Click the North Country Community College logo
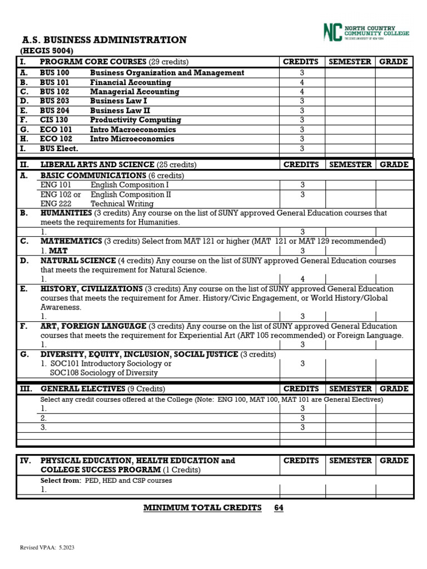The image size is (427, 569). [366, 32]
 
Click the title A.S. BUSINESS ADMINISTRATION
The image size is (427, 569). [104, 40]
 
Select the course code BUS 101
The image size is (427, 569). [54, 82]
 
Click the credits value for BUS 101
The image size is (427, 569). [302, 82]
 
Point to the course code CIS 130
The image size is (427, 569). [54, 120]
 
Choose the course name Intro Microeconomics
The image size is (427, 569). [132, 139]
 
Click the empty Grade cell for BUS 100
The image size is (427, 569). [394, 73]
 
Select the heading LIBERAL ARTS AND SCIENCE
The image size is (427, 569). [97, 164]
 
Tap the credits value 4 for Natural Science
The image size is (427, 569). [302, 279]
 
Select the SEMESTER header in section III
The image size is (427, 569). [350, 389]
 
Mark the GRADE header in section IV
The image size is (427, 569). [394, 461]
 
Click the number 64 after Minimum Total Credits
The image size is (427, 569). [279, 508]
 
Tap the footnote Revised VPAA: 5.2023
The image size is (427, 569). [47, 548]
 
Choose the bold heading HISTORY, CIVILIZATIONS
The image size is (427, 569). [92, 289]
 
